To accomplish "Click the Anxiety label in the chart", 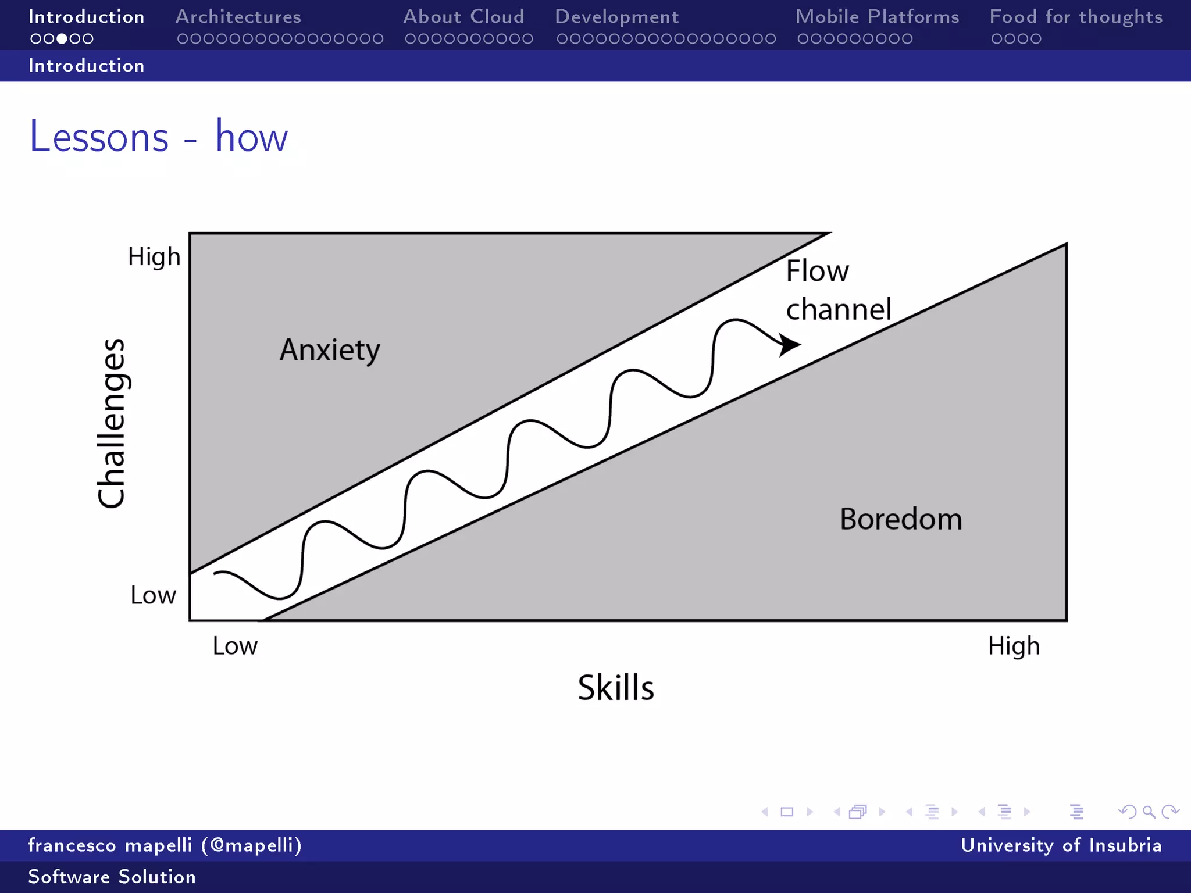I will click(x=330, y=350).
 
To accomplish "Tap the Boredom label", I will click(x=901, y=519).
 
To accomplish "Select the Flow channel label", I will click(x=837, y=290).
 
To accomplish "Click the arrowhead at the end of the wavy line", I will click(x=789, y=344).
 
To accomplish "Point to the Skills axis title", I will click(x=616, y=688).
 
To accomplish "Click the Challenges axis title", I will click(x=111, y=423).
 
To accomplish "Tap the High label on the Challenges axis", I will click(x=154, y=256).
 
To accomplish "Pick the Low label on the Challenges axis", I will click(x=153, y=595).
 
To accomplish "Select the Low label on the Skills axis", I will click(x=234, y=646).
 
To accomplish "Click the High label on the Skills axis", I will click(x=1014, y=646).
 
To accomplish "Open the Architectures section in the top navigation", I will click(x=238, y=17).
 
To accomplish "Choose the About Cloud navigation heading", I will click(x=463, y=17).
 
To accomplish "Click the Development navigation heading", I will click(x=616, y=17).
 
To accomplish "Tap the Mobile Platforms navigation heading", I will click(x=877, y=17).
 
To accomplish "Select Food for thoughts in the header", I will click(x=1076, y=17).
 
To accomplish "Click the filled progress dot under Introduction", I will click(x=62, y=39).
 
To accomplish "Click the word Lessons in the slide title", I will click(x=99, y=137).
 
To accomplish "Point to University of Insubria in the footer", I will click(x=1061, y=845).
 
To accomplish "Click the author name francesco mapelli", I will click(x=109, y=845).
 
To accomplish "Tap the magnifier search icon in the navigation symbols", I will click(x=1149, y=812).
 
